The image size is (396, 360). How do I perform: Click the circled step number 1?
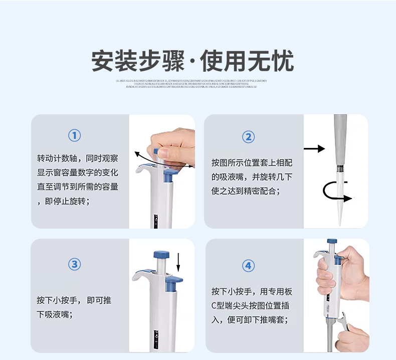[74, 135]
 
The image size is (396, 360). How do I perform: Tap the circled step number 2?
[248, 137]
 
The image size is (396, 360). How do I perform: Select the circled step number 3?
[74, 264]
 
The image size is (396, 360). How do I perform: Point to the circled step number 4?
[248, 265]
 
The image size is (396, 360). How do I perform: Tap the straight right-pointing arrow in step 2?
[314, 148]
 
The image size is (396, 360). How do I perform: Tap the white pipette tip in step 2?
[341, 198]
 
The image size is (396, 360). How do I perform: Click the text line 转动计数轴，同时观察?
[78, 158]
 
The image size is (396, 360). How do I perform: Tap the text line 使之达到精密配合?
[246, 191]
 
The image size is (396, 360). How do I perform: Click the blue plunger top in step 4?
[331, 242]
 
